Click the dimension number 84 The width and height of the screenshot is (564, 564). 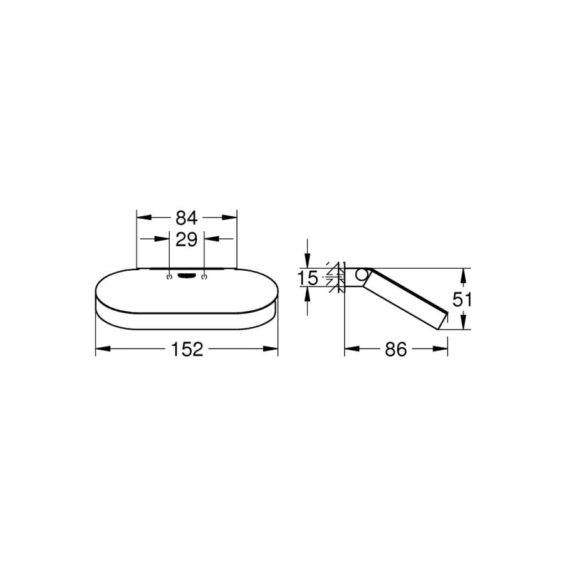[x=187, y=218]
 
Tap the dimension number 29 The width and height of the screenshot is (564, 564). [x=187, y=239]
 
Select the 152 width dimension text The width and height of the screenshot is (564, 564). [x=187, y=350]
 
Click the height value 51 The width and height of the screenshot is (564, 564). [x=462, y=300]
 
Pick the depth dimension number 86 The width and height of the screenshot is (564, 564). [x=396, y=350]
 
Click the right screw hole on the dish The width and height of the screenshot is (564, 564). [x=204, y=275]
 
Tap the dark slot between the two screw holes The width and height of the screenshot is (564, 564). [x=187, y=275]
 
